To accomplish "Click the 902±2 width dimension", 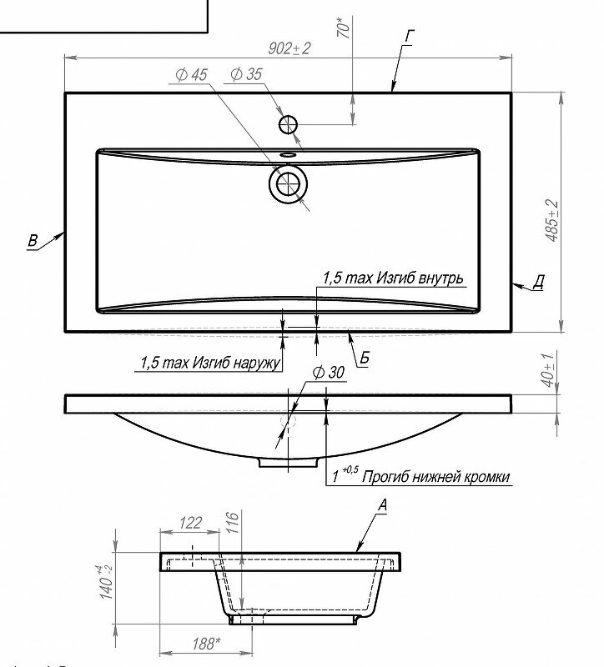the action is (289, 49).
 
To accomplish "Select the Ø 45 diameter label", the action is (191, 75).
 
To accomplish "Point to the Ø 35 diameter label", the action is (245, 75).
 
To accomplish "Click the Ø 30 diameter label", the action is (327, 374).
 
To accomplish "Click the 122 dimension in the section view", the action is (191, 523).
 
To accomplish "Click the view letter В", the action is (33, 242).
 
